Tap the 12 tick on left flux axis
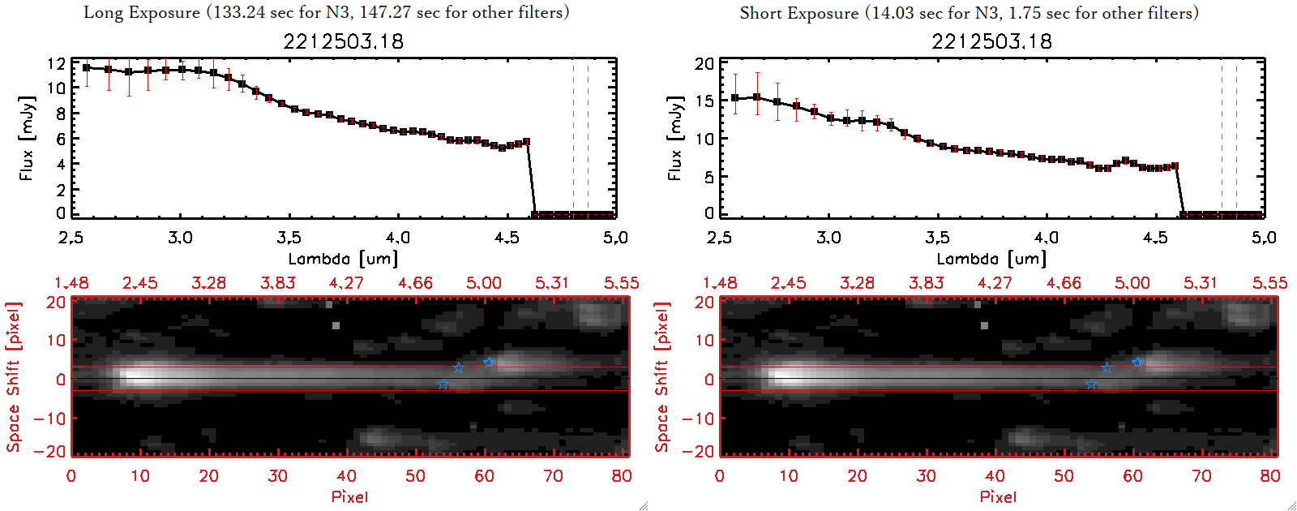coord(56,63)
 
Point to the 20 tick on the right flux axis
coord(704,63)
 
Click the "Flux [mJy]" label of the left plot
coord(27,138)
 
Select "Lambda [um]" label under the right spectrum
coord(991,259)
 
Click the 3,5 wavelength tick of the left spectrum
coord(289,238)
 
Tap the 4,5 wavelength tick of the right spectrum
coord(1155,238)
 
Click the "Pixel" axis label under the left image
coord(349,496)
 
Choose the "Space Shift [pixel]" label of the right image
coord(662,377)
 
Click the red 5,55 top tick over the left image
coord(621,283)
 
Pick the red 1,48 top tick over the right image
coord(720,283)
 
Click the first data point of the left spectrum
coord(87,68)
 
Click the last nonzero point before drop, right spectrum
coord(1175,166)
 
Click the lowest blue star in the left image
coord(443,384)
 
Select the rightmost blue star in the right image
coord(1137,362)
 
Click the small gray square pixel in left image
coord(336,325)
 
